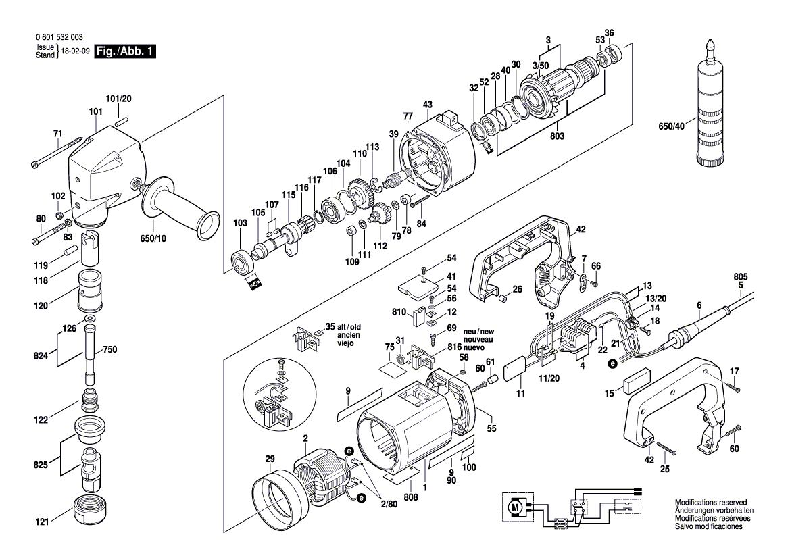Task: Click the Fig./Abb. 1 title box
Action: click(126, 51)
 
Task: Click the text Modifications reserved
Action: click(711, 503)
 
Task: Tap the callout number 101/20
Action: click(118, 99)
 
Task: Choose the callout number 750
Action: click(109, 350)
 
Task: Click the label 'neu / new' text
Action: click(478, 332)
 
